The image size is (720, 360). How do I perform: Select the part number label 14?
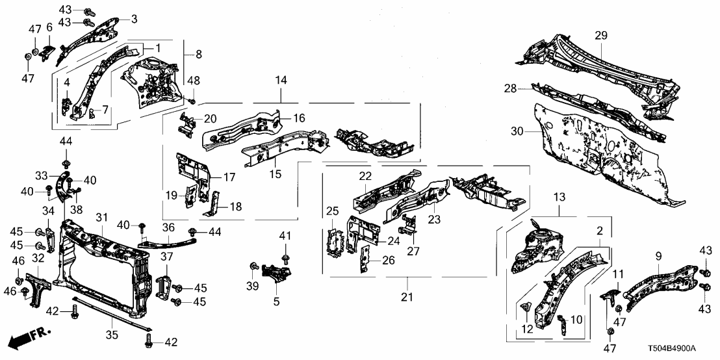click(x=281, y=80)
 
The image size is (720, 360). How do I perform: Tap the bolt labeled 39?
click(x=255, y=266)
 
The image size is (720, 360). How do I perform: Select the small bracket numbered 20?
click(x=186, y=123)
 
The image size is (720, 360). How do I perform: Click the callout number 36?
click(x=169, y=227)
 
